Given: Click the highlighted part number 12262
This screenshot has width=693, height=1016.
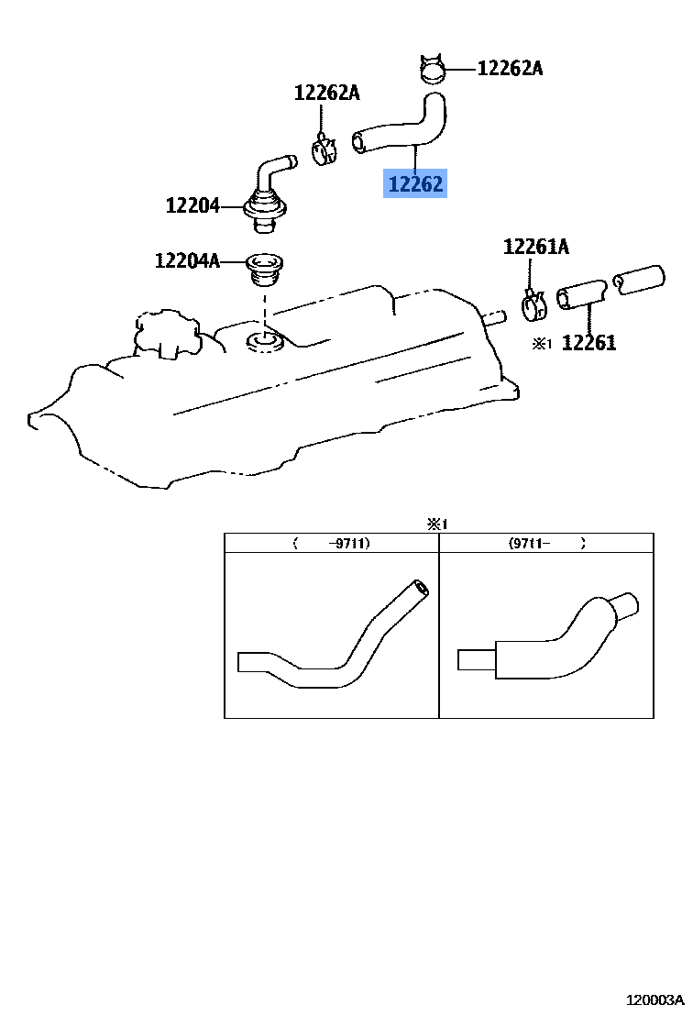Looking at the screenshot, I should tap(415, 184).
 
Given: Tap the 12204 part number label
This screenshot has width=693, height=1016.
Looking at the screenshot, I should tap(192, 205).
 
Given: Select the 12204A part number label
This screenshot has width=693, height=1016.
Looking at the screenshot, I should tap(187, 261).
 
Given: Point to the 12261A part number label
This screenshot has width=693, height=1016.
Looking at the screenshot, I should tap(535, 246).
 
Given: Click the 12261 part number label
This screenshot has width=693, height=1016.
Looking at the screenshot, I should tap(588, 343).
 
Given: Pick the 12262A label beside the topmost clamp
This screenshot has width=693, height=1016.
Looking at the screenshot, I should tap(510, 68).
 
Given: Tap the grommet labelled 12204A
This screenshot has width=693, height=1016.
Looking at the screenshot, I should tap(263, 269).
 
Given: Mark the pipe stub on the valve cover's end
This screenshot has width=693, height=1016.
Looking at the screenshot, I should tap(493, 318).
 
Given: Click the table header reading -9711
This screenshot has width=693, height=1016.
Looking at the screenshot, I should tap(332, 543).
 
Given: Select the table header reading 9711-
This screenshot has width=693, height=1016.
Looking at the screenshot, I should tap(547, 543).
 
